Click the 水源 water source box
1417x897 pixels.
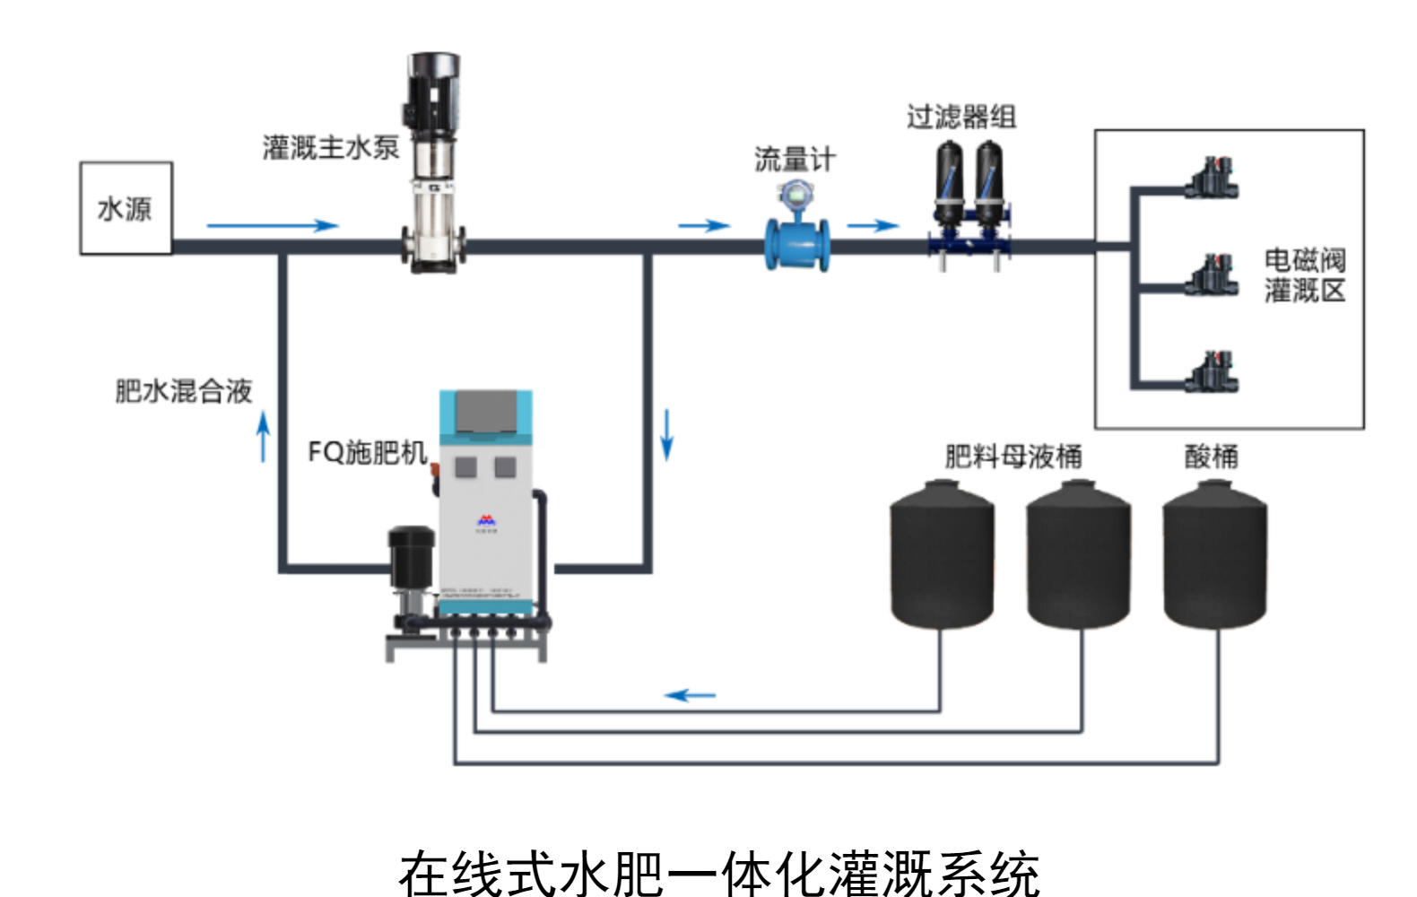coord(126,208)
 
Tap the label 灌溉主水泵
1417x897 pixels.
coord(330,147)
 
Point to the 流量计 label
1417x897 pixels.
coord(795,160)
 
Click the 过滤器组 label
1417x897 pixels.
coord(961,117)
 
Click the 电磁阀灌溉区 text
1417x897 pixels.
coord(1305,275)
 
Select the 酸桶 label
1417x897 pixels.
coord(1211,457)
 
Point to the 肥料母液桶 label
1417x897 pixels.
coord(1013,457)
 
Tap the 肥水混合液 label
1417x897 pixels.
coord(184,391)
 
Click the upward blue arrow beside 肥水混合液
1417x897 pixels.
coord(263,437)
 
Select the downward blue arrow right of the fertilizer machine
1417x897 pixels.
coord(666,435)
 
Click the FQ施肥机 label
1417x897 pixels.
coord(367,452)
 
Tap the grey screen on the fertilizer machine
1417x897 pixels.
coord(486,412)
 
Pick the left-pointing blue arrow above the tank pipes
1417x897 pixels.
coord(690,695)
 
